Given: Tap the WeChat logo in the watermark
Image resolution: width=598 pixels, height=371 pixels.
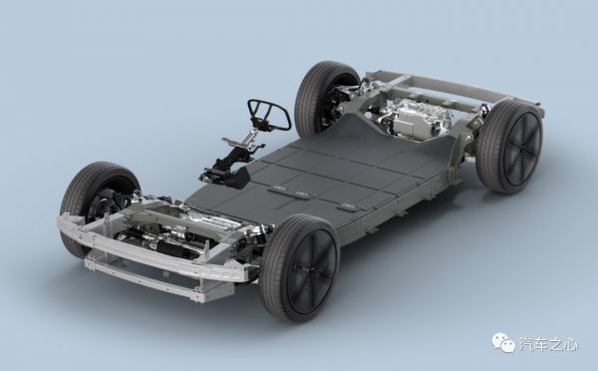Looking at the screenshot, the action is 503,342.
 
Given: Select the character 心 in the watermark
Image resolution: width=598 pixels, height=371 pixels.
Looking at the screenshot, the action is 569,343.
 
